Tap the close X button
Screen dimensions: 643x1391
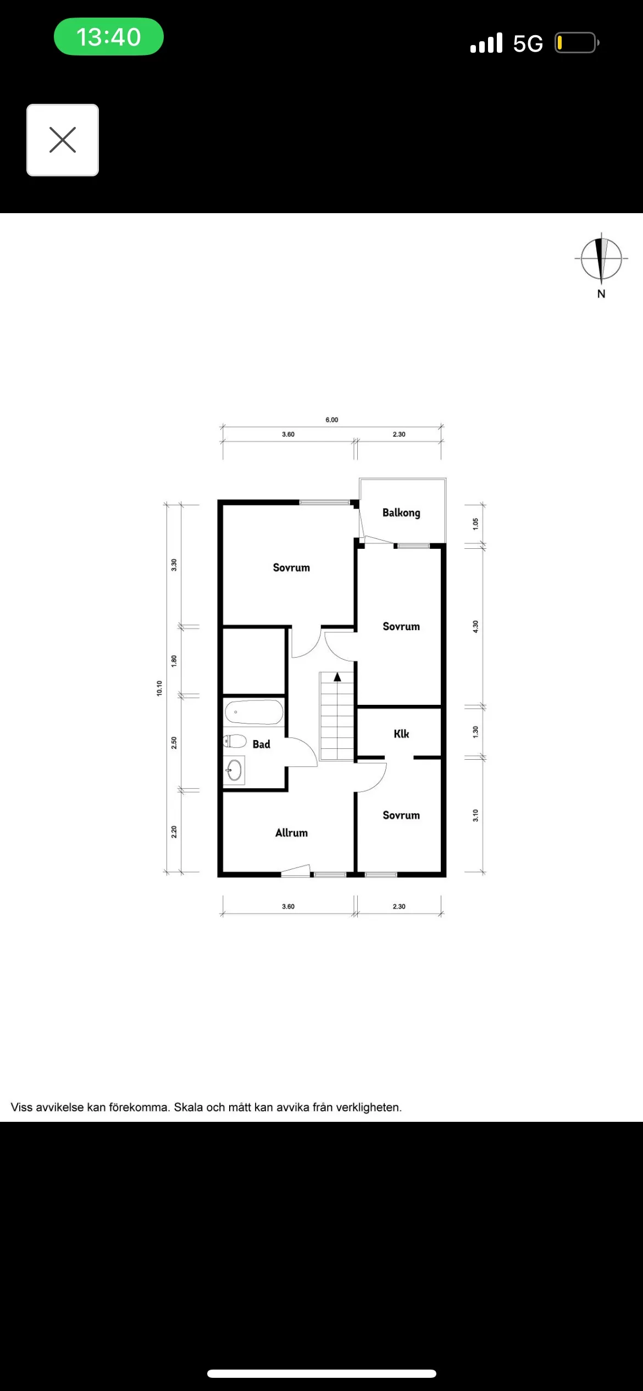point(63,140)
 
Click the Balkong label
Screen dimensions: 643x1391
point(401,513)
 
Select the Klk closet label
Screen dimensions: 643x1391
point(401,734)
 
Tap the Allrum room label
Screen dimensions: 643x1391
point(291,833)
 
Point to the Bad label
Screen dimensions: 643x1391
point(262,744)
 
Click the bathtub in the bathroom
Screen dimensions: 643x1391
point(254,713)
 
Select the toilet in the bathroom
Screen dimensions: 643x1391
point(235,741)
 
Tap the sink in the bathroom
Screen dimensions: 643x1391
point(234,770)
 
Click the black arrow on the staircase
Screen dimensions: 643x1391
point(337,677)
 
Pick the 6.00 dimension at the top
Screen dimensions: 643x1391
point(332,420)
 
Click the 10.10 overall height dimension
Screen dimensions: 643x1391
point(159,688)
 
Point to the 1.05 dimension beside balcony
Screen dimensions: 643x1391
point(476,524)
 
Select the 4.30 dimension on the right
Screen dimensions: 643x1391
point(476,627)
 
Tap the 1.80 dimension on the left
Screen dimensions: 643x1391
point(174,661)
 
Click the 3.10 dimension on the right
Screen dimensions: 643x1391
point(476,816)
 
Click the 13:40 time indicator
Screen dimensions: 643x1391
point(109,37)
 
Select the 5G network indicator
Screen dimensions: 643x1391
point(528,43)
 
